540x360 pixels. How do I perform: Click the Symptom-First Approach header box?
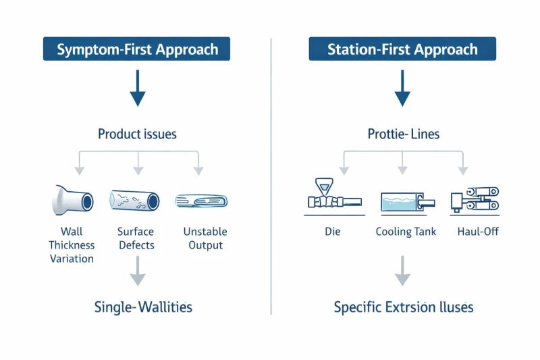pos(137,49)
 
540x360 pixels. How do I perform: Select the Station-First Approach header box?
pos(402,49)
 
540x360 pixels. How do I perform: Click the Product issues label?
pos(137,134)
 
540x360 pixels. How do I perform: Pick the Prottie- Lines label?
pos(403,134)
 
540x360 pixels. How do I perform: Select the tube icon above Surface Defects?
pos(134,201)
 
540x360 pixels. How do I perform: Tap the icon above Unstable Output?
pos(201,201)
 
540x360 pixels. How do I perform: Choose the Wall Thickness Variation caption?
pos(72,245)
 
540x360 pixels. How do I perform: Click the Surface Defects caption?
pos(136,238)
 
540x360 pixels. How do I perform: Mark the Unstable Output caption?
pos(205,238)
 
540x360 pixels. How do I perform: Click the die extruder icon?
pos(332,197)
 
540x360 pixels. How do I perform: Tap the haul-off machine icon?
pos(475,199)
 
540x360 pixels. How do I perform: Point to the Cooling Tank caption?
pos(406,232)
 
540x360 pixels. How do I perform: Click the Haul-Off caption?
pos(477,232)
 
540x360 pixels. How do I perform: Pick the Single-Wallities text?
pos(143,307)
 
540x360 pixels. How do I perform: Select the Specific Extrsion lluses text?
pos(404,307)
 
